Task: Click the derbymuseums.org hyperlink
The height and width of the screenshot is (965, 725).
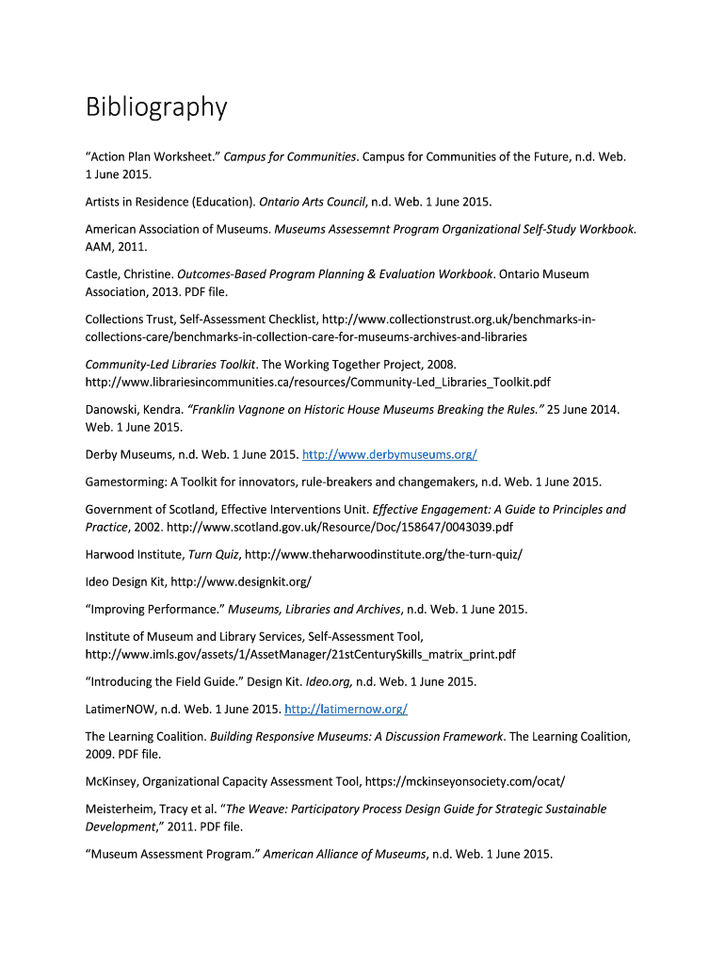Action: (x=389, y=455)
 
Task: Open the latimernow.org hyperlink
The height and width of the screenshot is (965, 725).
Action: (x=346, y=709)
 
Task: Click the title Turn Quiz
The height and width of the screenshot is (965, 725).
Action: (x=213, y=554)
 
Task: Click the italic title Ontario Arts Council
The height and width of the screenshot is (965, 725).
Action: (x=313, y=202)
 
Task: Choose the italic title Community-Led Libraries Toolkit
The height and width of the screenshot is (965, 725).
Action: (x=170, y=364)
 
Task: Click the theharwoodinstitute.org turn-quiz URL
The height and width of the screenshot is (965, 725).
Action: (x=382, y=554)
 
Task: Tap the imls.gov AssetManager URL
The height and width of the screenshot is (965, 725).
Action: (x=300, y=654)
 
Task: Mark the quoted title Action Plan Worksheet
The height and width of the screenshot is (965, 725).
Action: (x=152, y=156)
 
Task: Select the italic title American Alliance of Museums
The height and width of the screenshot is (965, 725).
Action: (x=344, y=855)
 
